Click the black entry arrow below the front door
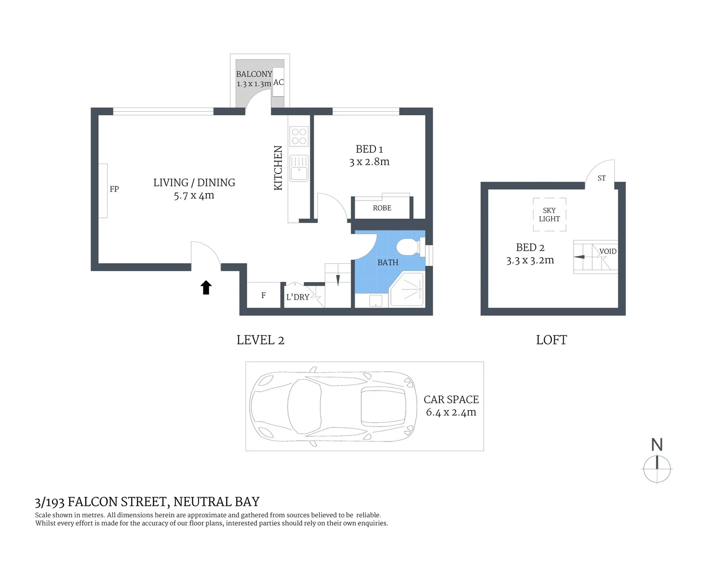point(206,287)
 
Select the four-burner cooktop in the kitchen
point(299,137)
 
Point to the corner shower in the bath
point(408,290)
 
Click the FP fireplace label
point(114,189)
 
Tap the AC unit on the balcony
point(279,82)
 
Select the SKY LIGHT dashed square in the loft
point(549,215)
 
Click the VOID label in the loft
point(607,251)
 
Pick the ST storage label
point(602,178)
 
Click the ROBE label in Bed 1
point(382,208)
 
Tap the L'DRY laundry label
point(297,297)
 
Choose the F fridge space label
point(263,296)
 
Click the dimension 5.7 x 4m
point(194,196)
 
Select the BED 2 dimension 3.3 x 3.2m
point(530,261)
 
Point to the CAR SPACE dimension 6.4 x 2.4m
point(451,412)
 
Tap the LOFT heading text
point(551,340)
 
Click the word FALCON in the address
point(92,502)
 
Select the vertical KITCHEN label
point(278,168)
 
